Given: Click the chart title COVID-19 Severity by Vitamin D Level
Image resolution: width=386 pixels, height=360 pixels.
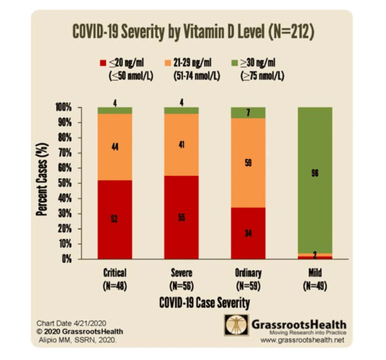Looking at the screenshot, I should pos(193,32).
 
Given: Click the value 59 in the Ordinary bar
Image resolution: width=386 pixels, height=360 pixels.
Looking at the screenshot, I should pos(247,162).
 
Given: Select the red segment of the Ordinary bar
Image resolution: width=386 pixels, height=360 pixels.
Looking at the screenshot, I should pos(247,233).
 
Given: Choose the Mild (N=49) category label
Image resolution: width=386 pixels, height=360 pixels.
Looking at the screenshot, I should pos(315,278).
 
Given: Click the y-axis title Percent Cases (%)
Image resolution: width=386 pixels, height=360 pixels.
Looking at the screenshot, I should pos(40,183).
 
